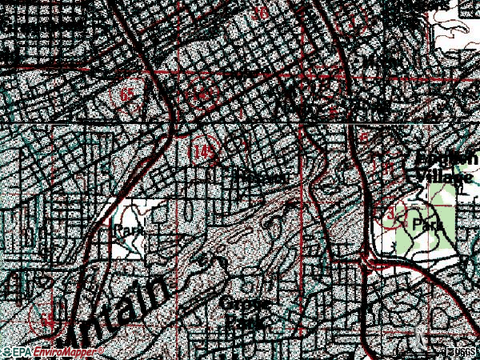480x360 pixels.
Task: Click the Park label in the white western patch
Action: pyautogui.click(x=128, y=230)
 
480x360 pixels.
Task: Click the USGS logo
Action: pyautogui.click(x=462, y=351)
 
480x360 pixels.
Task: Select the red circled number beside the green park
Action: pyautogui.click(x=390, y=216)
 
